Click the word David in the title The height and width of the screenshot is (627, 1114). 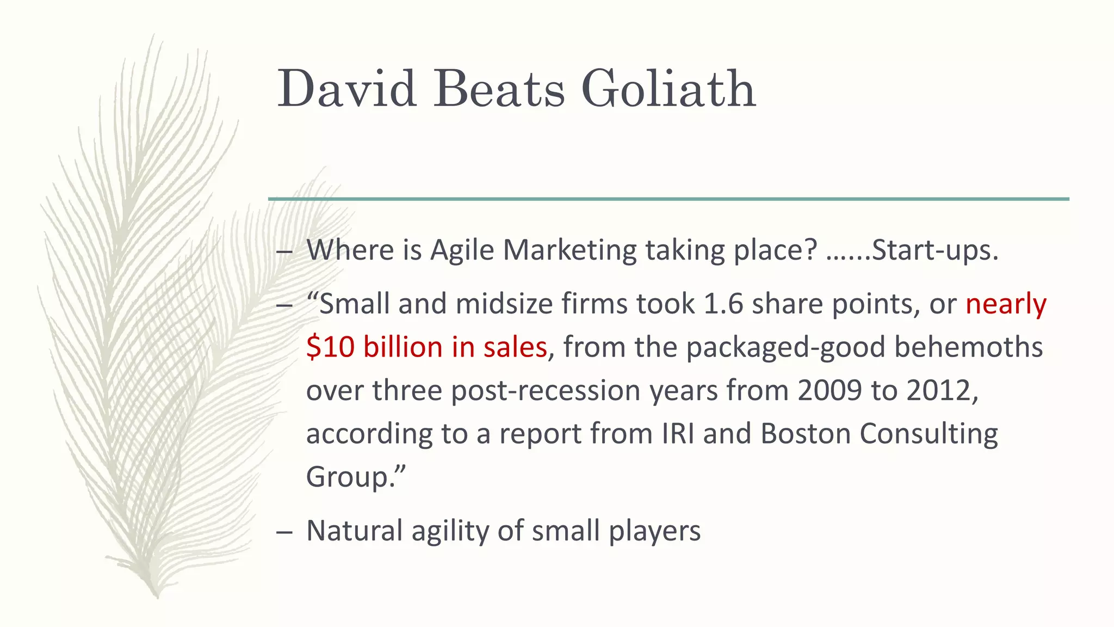(347, 89)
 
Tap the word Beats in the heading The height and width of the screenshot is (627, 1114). (499, 89)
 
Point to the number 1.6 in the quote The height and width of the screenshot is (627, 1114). (723, 304)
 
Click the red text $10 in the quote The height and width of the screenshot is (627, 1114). (330, 347)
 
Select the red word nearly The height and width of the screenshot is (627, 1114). (1006, 304)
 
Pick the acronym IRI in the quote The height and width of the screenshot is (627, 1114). (678, 434)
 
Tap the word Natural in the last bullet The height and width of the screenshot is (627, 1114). (354, 531)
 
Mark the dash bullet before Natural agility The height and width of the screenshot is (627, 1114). (284, 532)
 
